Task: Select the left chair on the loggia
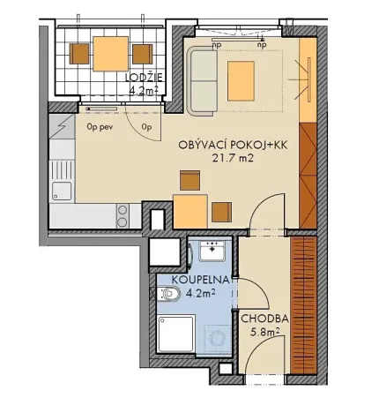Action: tap(79, 54)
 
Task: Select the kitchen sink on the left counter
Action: tap(61, 189)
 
